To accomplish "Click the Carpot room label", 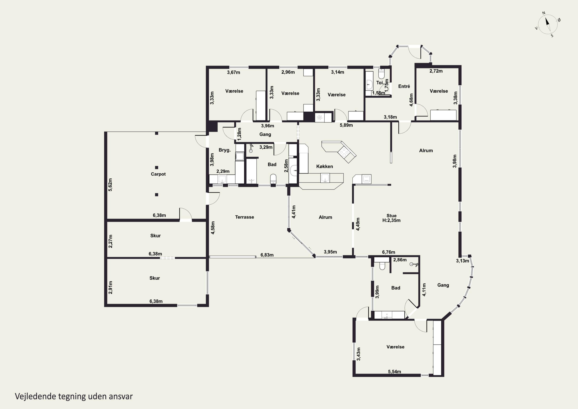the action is click(158, 174).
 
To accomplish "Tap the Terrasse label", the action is click(244, 217).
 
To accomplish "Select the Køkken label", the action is click(324, 166).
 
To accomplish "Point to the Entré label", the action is click(404, 86).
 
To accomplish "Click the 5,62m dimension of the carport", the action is click(110, 185).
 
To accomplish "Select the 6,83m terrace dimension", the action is click(267, 255).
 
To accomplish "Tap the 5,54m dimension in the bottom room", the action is click(394, 371).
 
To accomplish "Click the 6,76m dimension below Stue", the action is click(388, 252).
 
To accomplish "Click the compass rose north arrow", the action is click(547, 21).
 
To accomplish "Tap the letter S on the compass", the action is click(552, 36).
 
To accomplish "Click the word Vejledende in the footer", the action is click(35, 396).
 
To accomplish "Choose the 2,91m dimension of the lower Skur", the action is click(110, 288).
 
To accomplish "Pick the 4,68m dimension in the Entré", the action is click(411, 100).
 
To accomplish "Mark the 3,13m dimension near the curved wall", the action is click(462, 261).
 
